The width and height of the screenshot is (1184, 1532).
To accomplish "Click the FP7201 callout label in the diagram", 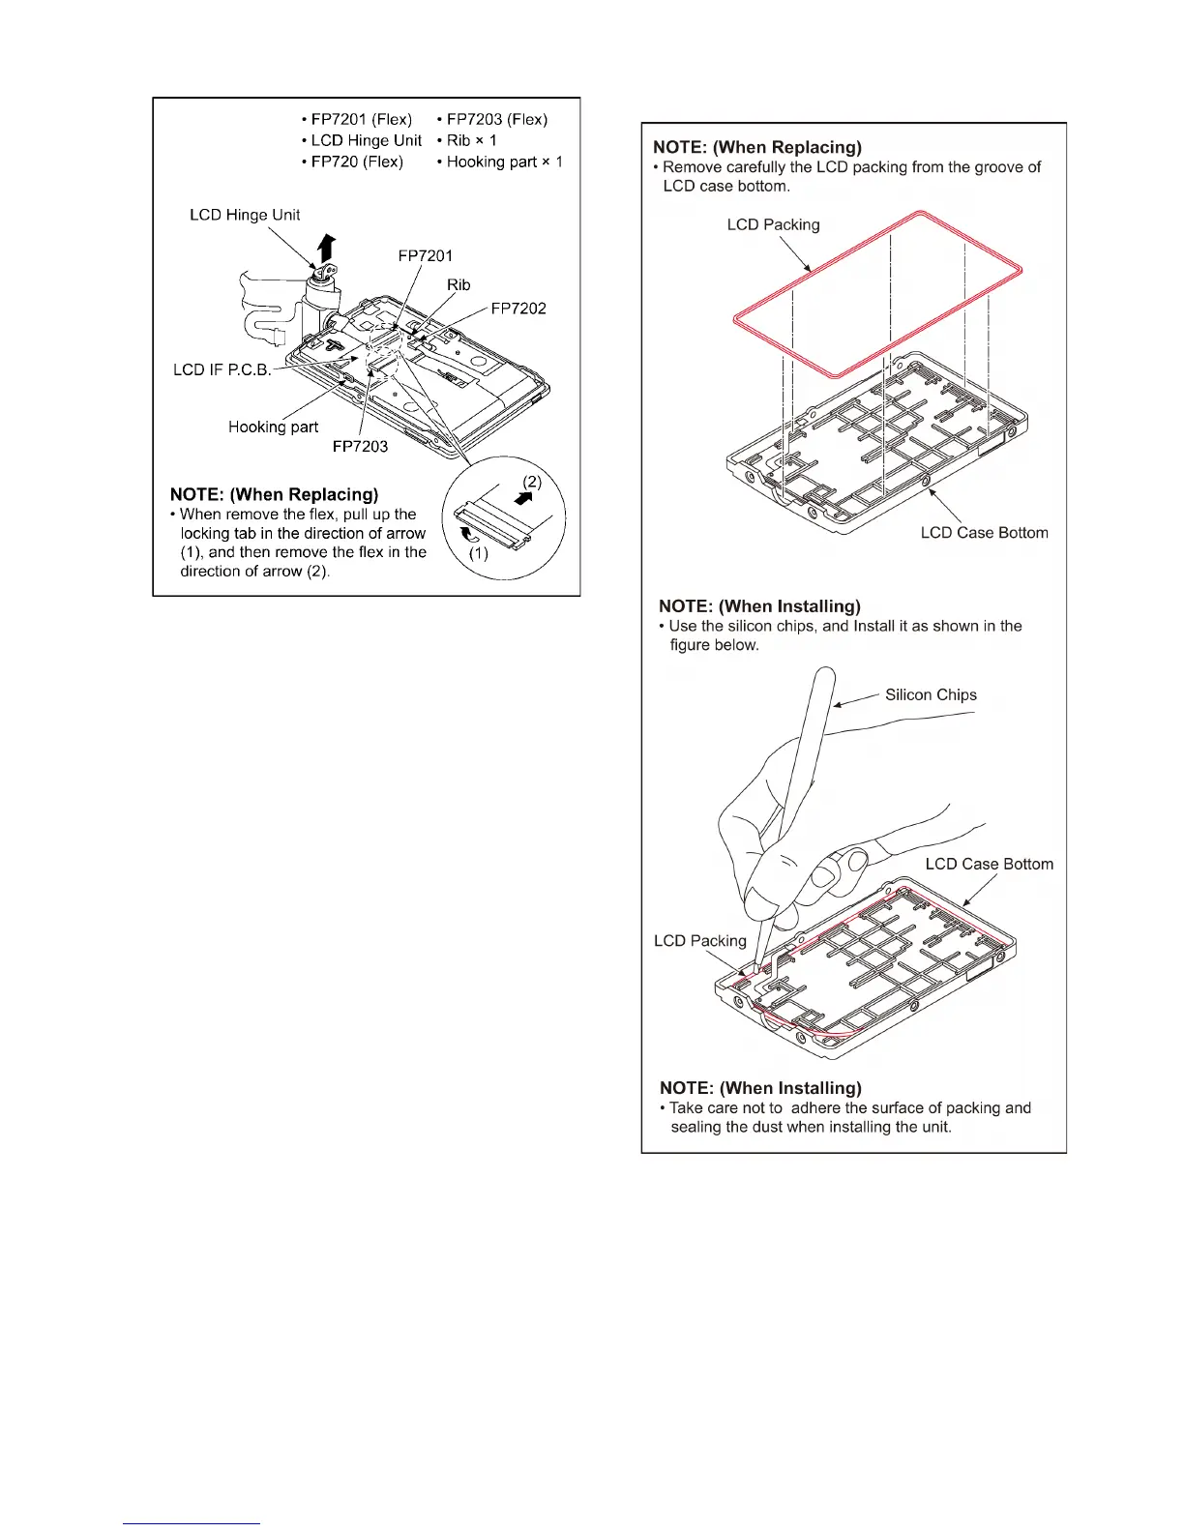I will [x=425, y=255].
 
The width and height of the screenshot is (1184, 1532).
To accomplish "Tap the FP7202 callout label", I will [x=518, y=309].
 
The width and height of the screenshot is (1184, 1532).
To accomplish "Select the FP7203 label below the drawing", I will [x=360, y=446].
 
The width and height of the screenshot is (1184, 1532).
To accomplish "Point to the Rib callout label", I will [x=459, y=284].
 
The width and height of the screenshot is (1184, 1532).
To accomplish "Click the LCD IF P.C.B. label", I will [x=222, y=369].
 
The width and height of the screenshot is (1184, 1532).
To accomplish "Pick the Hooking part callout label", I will [x=273, y=427].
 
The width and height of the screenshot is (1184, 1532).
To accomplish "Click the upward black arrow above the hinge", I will [x=327, y=249].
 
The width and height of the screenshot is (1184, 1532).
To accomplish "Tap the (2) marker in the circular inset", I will [x=532, y=481].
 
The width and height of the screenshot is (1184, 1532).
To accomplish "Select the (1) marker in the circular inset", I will [x=478, y=553].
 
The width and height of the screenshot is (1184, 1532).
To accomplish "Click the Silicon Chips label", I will [x=931, y=694].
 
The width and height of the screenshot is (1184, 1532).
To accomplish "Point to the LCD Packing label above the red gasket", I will [x=773, y=224].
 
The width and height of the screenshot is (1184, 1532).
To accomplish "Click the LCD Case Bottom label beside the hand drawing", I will [x=989, y=864].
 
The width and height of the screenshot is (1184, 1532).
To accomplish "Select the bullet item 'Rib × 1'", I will [x=471, y=140].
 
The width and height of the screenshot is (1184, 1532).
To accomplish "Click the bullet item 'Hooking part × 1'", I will [x=504, y=162].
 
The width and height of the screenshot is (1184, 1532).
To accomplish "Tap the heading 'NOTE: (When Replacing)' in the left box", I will [x=274, y=494].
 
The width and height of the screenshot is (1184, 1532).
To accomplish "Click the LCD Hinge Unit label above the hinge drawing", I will [x=245, y=215].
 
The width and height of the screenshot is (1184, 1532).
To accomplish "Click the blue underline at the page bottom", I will [x=192, y=1523].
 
